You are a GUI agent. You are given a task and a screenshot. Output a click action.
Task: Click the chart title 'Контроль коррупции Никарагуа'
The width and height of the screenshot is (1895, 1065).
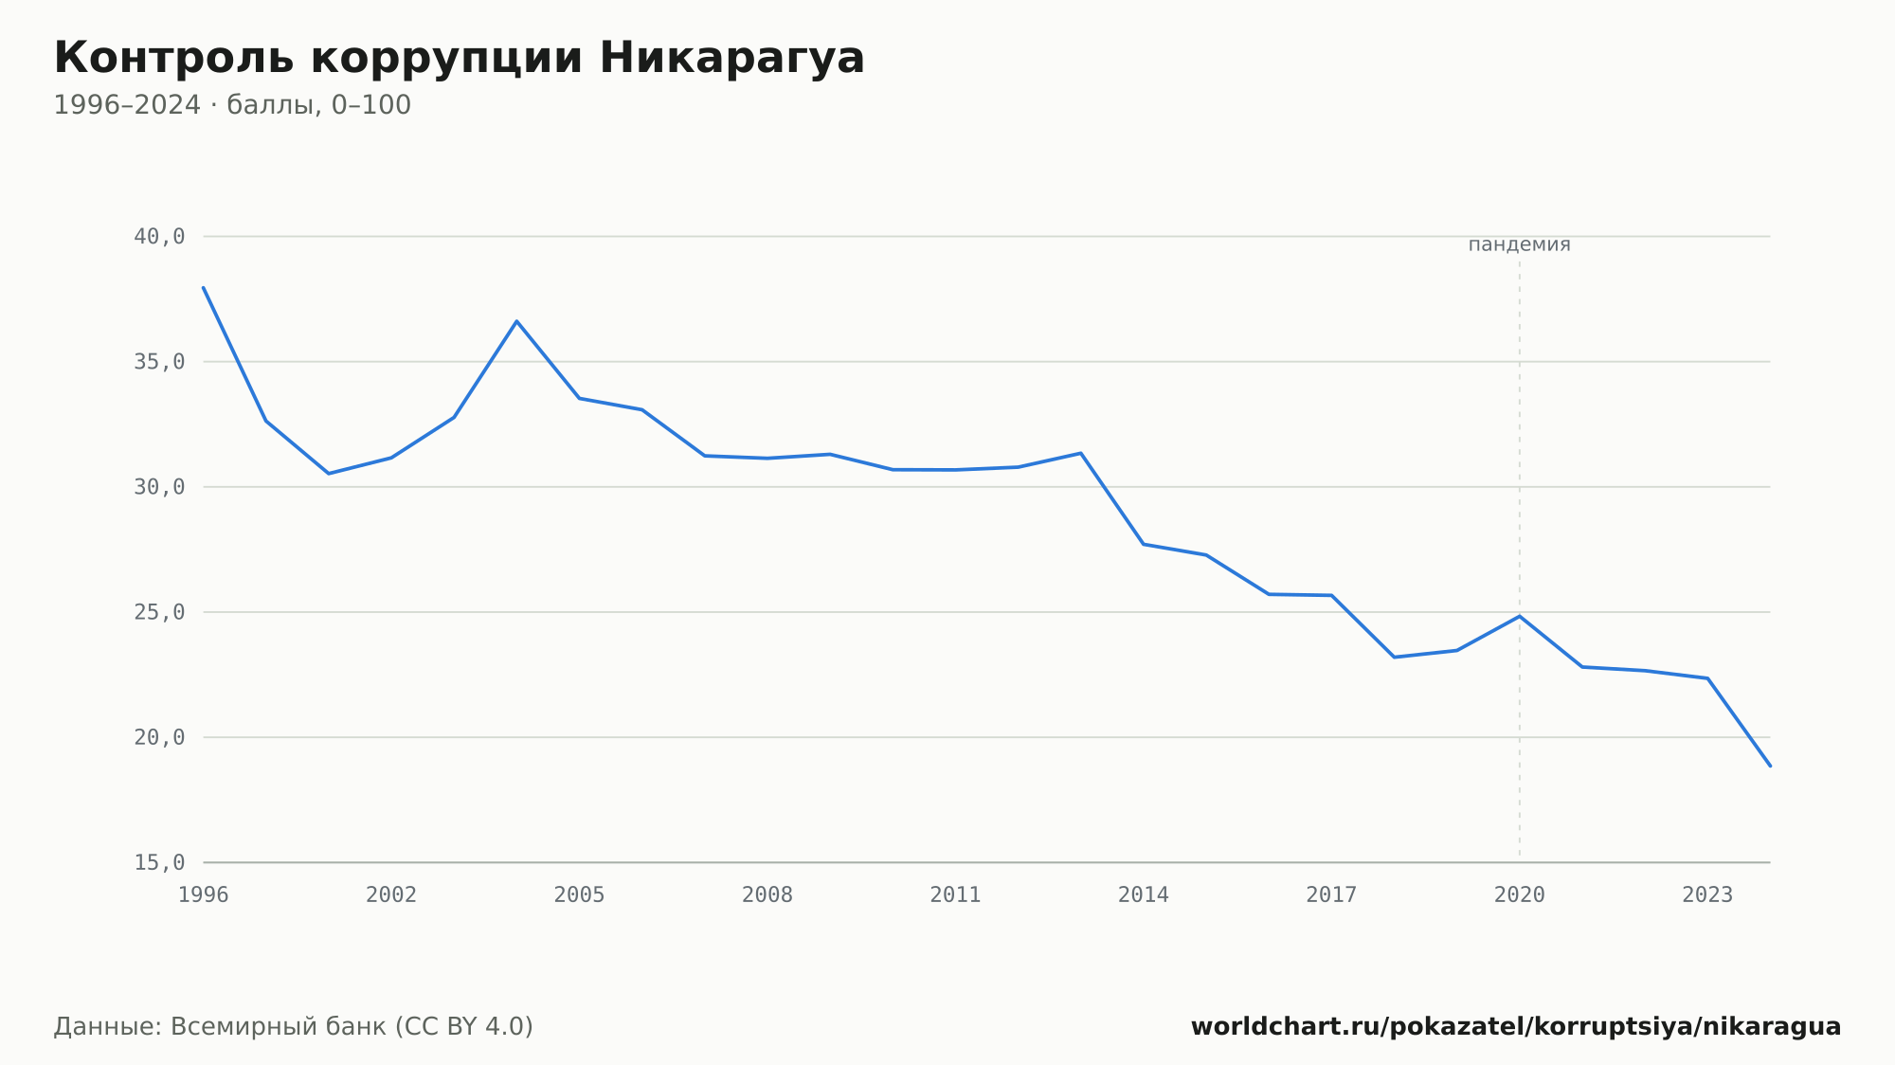point(460,59)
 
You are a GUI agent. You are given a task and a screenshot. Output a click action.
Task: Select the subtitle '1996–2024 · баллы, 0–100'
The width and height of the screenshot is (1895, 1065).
point(232,105)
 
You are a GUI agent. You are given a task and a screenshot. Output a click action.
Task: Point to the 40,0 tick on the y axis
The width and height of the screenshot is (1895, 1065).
point(159,237)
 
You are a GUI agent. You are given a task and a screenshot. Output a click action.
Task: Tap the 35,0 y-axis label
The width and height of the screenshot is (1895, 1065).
point(159,362)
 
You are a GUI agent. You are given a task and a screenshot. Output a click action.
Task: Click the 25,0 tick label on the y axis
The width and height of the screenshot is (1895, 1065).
point(159,612)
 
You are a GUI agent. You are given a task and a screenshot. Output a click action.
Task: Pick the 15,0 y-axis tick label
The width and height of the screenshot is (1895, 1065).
point(159,862)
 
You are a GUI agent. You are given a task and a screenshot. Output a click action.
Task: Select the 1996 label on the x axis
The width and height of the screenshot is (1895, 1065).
point(204,894)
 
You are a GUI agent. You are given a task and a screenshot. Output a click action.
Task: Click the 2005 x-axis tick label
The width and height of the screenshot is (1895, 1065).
point(580,894)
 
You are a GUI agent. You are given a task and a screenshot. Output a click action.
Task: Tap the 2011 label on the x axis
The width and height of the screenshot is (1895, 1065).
point(955,894)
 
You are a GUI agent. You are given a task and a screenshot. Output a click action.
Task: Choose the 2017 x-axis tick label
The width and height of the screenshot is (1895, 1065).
point(1331,894)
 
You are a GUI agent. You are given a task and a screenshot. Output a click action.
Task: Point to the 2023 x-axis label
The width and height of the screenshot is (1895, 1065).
point(1707,894)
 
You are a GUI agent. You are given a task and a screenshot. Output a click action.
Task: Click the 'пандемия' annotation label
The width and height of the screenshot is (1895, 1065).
point(1519,244)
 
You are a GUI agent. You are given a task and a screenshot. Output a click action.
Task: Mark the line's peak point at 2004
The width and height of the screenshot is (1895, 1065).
point(516,321)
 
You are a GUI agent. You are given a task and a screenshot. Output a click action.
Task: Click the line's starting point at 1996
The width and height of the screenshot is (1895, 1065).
point(204,287)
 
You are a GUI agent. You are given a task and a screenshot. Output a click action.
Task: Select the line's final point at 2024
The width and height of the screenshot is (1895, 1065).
point(1770,766)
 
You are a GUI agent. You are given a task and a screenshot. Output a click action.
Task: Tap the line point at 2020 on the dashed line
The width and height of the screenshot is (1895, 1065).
point(1520,616)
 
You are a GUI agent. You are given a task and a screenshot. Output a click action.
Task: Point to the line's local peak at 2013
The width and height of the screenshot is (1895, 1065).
point(1081,453)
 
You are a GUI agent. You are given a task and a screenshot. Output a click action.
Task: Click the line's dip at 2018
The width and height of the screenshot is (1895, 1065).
point(1394,657)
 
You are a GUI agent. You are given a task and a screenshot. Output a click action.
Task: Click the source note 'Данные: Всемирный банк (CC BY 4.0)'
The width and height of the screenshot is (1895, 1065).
point(294,1027)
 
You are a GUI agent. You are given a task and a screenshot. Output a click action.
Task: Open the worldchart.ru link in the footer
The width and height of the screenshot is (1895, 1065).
point(1516,1027)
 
